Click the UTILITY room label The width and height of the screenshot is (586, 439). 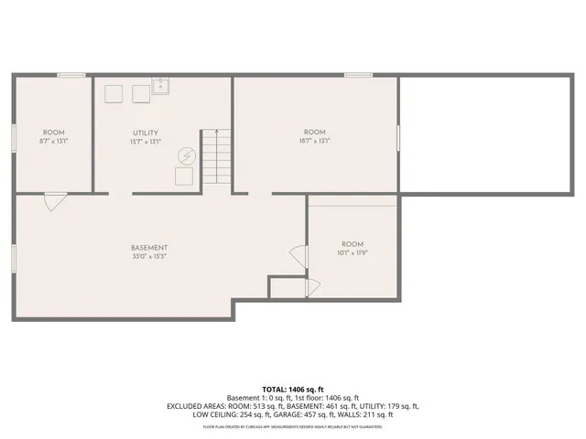click(x=146, y=134)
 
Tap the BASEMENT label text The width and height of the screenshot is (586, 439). click(x=148, y=248)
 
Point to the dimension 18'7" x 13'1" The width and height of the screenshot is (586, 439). click(x=315, y=141)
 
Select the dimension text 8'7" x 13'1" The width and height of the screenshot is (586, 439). click(x=54, y=141)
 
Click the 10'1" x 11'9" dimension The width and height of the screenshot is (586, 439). click(x=353, y=253)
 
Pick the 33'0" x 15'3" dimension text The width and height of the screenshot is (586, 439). click(x=148, y=257)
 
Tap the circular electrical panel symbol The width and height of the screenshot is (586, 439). click(x=186, y=156)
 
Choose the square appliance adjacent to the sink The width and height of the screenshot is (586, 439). click(x=141, y=93)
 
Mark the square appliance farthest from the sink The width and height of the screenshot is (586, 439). click(x=114, y=93)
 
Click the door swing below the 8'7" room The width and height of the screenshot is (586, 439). click(x=54, y=201)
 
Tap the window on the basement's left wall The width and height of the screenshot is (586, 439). click(x=13, y=257)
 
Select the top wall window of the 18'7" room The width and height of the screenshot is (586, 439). click(x=358, y=75)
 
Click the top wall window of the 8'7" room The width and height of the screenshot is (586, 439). click(x=71, y=75)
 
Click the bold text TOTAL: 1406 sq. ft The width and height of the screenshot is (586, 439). click(x=292, y=390)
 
